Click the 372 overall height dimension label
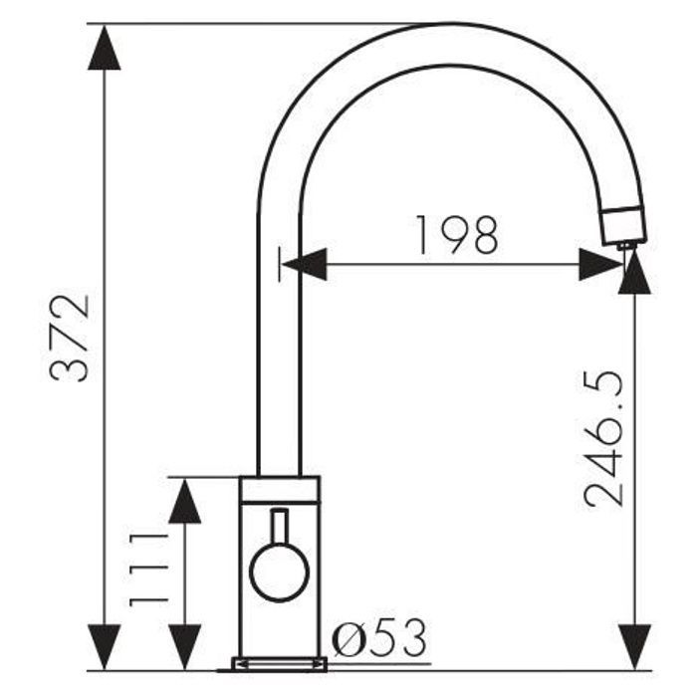[x=70, y=338]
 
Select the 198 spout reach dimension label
[x=457, y=235]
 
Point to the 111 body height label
[x=149, y=570]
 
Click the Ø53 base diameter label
[x=379, y=638]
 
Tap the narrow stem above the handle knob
[x=279, y=527]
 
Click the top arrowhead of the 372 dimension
[x=105, y=47]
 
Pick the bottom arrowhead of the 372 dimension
[x=105, y=647]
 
